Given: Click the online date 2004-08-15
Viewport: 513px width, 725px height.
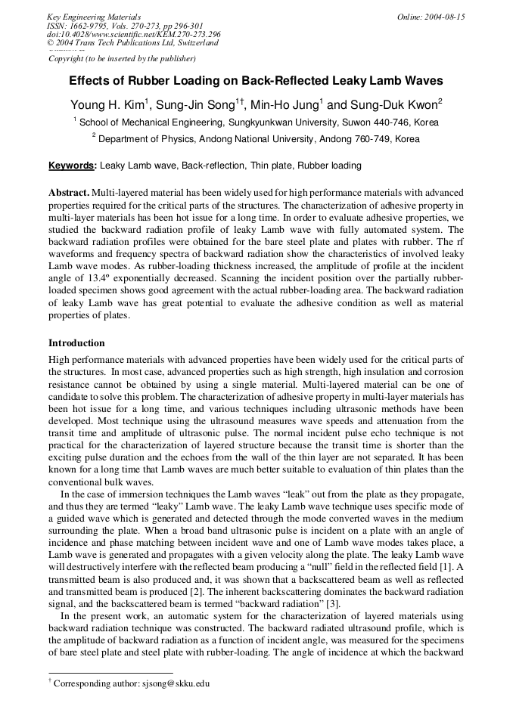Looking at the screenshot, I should (446, 16).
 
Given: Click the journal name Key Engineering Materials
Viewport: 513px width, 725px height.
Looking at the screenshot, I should (94, 16).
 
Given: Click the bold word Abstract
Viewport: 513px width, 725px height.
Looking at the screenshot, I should (69, 194).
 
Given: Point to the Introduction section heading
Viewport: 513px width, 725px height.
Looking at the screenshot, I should (76, 343).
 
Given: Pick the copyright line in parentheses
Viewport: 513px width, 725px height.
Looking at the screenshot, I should (122, 58).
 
